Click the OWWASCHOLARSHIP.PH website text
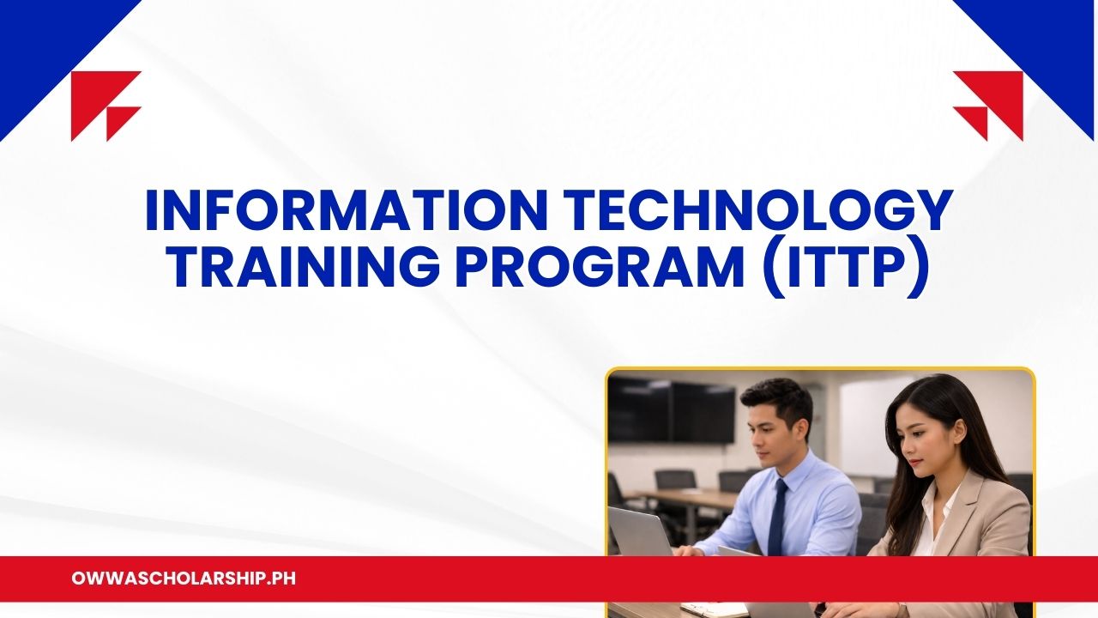point(184,579)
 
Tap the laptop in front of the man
point(639,531)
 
